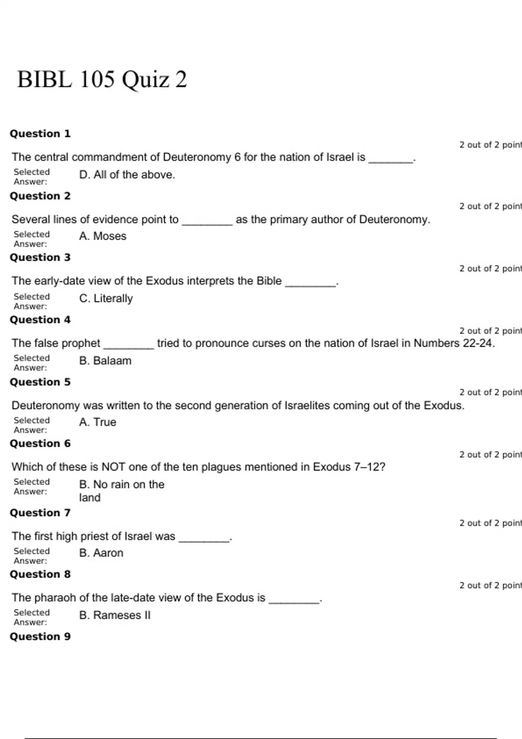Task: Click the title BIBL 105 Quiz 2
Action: coord(102,80)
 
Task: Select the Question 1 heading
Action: coord(40,133)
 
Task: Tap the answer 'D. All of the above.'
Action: coord(127,175)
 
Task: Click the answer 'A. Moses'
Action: coord(103,236)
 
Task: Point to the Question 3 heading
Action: coord(40,257)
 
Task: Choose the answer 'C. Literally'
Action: coord(106,299)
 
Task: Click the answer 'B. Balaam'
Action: coord(105,361)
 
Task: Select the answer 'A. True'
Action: coord(97,422)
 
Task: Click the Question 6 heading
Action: coord(40,443)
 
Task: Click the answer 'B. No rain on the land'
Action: coord(121,491)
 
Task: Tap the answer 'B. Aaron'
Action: coord(101,553)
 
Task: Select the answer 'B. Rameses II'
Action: coord(115,616)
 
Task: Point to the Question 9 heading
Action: coord(40,636)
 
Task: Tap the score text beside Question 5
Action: coord(490,393)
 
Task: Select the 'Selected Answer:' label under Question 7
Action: coord(31,556)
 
